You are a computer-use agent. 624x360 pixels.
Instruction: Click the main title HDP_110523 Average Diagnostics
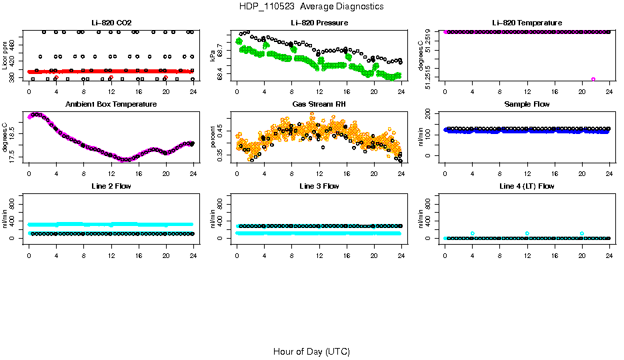[x=311, y=7]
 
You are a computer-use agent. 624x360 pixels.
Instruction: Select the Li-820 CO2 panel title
[x=111, y=23]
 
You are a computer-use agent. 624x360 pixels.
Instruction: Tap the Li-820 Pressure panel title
[x=319, y=23]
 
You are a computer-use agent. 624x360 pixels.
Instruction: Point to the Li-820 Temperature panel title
[x=527, y=23]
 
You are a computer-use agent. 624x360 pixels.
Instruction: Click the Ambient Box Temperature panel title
[x=111, y=105]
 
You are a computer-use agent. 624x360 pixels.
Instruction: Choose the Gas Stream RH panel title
[x=319, y=105]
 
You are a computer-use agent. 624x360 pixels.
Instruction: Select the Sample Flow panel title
[x=527, y=105]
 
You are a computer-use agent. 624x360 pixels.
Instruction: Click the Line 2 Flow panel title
[x=111, y=186]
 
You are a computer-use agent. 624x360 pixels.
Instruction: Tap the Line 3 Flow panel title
[x=319, y=186]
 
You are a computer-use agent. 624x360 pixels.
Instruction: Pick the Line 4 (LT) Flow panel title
[x=527, y=186]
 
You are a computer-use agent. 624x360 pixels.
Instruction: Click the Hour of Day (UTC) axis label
[x=311, y=351]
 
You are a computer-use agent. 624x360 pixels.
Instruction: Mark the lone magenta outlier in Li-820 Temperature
[x=593, y=79]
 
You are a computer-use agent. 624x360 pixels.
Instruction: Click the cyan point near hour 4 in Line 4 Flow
[x=472, y=233]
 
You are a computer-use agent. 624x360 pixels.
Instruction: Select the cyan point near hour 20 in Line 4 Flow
[x=582, y=233]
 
